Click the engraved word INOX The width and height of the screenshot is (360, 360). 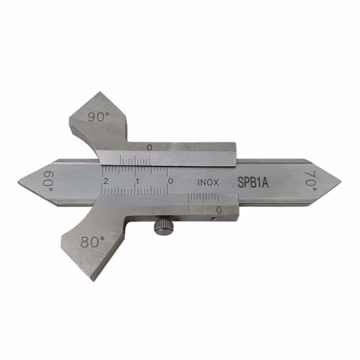point(208,182)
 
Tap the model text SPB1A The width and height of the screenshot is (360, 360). point(253,182)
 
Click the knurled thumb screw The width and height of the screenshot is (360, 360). point(164,226)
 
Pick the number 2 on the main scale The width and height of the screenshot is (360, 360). point(106,182)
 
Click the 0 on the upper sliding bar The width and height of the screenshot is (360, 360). point(150,148)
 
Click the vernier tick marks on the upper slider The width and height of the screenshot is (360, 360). point(135,161)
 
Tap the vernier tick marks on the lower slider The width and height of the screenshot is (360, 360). point(203,198)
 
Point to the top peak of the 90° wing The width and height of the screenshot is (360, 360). point(100,92)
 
